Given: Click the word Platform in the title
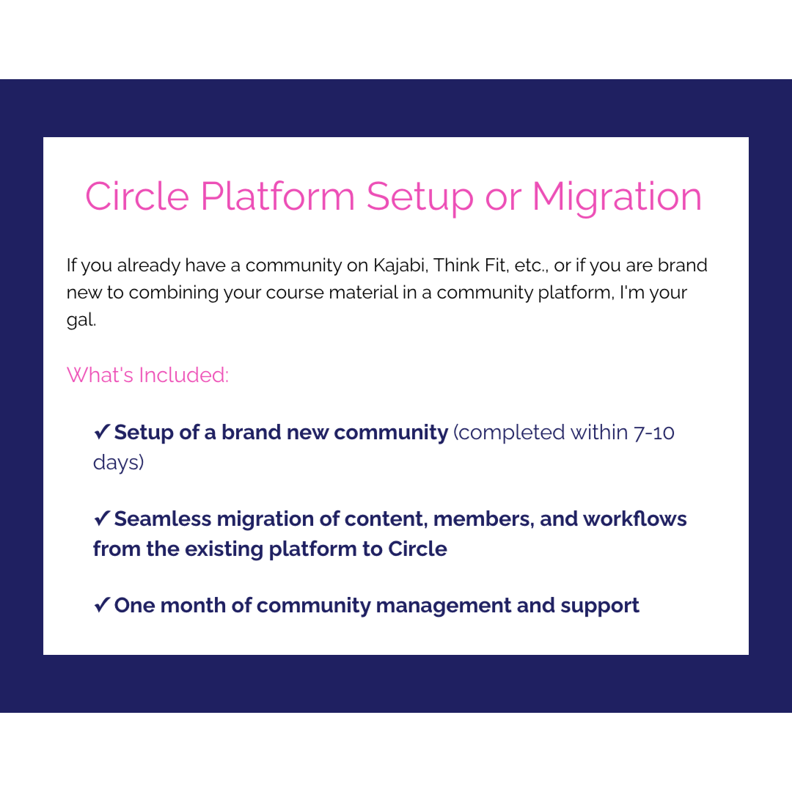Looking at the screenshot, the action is pos(278,197).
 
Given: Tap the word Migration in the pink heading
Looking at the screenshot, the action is pos(617,197).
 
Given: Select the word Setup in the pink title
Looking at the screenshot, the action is pos(420,197).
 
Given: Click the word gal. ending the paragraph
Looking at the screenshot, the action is pos(81,320).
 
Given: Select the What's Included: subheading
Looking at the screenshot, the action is pos(147,375).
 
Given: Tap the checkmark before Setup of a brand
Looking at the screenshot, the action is pos(102,432).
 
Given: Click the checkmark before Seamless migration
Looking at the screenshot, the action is pos(102,518).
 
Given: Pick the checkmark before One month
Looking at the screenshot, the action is pos(102,605).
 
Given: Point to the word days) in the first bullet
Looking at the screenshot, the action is pos(118,463).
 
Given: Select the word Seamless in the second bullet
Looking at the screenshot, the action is pos(162,519).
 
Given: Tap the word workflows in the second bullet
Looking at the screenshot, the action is pos(635,519).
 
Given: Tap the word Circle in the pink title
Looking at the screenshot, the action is pos(138,197).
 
